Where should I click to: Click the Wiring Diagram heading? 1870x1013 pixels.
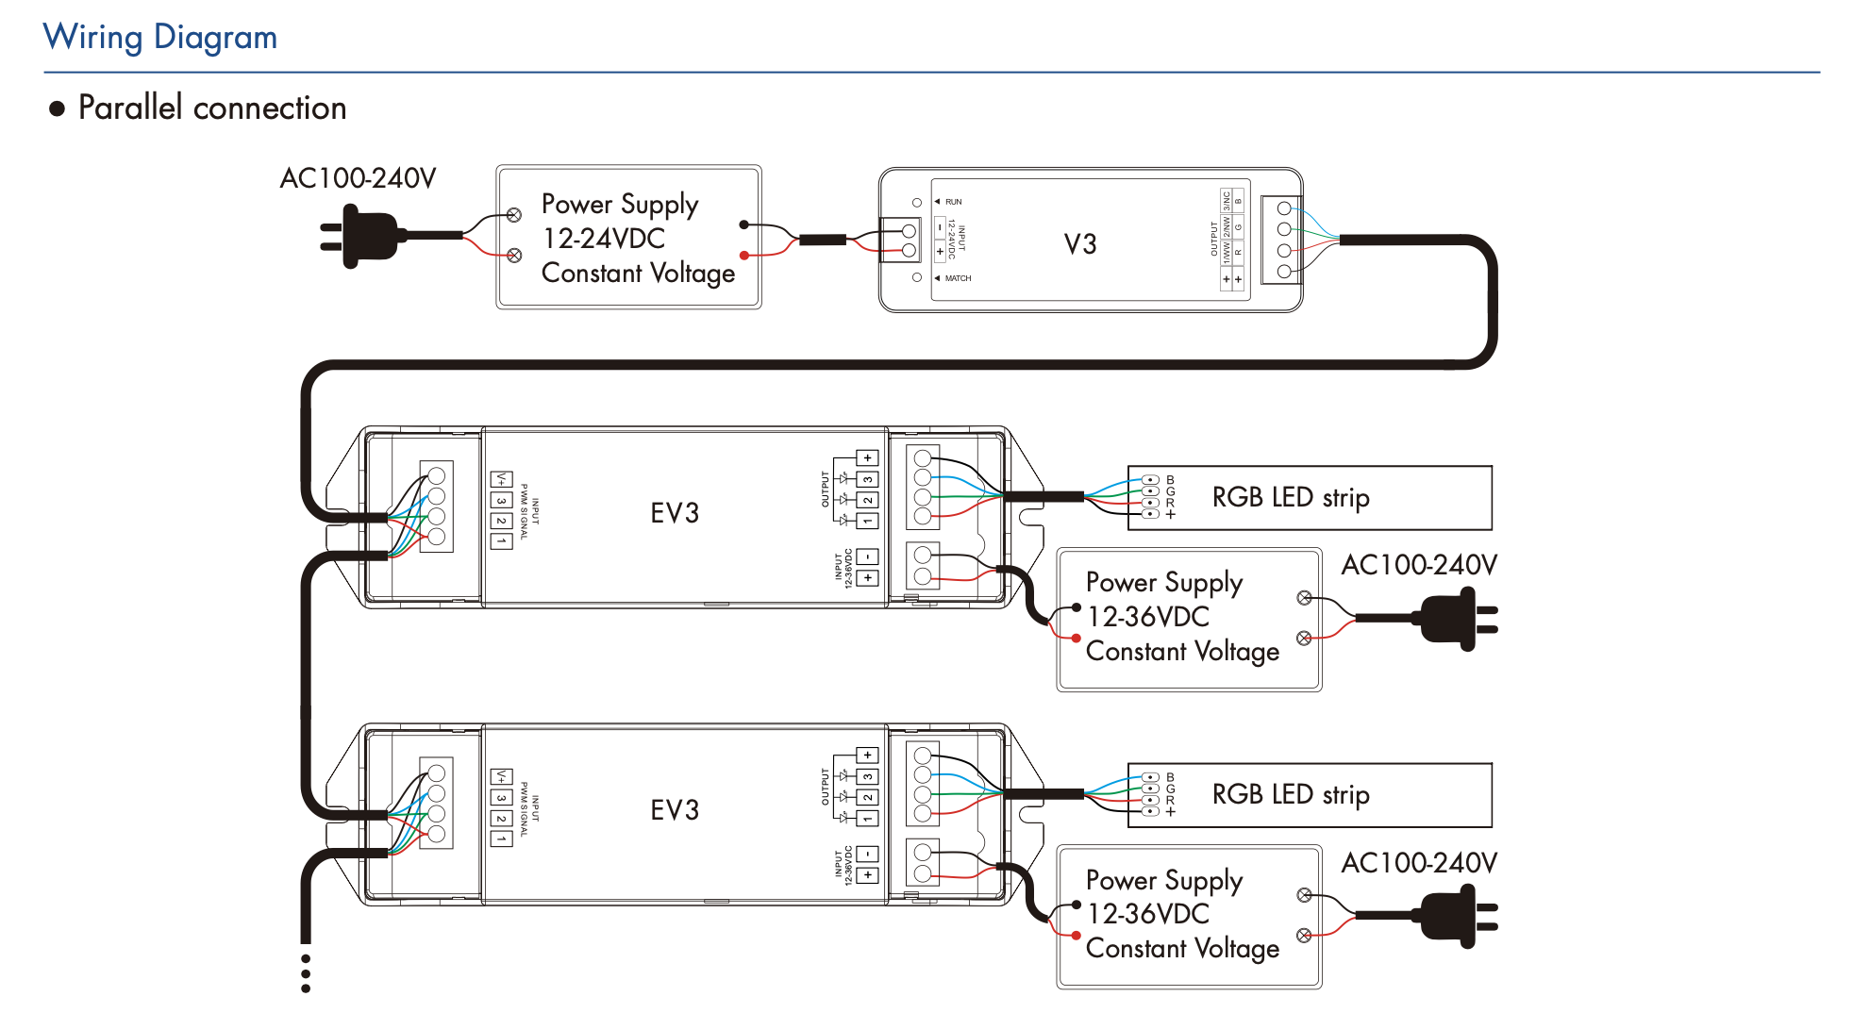point(160,38)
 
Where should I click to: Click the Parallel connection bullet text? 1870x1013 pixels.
point(211,108)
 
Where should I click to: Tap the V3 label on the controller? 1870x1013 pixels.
point(1080,244)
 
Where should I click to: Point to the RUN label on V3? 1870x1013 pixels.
point(953,202)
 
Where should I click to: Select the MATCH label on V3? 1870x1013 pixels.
point(958,278)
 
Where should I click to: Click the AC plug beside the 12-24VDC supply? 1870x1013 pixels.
point(363,239)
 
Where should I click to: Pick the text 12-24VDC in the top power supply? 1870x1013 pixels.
point(603,239)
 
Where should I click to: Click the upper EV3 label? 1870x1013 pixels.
point(675,513)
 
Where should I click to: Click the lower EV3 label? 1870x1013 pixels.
point(675,810)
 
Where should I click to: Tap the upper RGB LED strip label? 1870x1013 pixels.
point(1290,497)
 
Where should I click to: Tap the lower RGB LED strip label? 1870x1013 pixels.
point(1290,794)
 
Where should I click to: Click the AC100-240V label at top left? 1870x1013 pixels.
point(358,178)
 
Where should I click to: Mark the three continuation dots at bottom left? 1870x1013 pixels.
point(306,973)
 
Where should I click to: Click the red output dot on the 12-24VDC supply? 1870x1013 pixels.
point(743,256)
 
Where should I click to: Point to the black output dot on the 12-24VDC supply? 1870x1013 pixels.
point(743,224)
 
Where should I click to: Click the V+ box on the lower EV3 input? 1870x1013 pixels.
point(501,777)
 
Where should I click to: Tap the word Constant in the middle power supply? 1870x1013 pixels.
point(1136,651)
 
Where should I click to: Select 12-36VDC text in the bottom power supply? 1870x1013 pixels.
point(1148,914)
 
